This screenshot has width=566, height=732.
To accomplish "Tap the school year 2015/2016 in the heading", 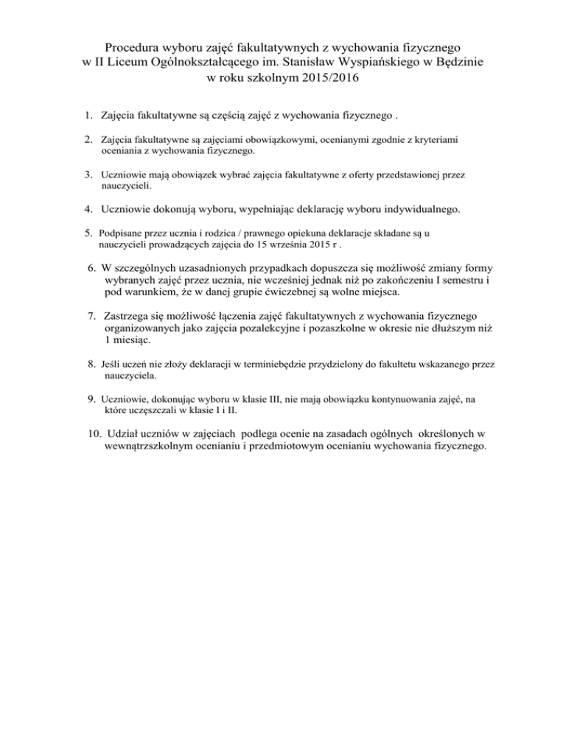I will (326, 77).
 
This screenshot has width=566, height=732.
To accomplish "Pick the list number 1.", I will (87, 115).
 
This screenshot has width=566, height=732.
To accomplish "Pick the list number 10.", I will (93, 434).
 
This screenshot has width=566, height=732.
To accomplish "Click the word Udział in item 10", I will (124, 434).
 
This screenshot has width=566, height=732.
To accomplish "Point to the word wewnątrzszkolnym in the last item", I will (151, 446).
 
